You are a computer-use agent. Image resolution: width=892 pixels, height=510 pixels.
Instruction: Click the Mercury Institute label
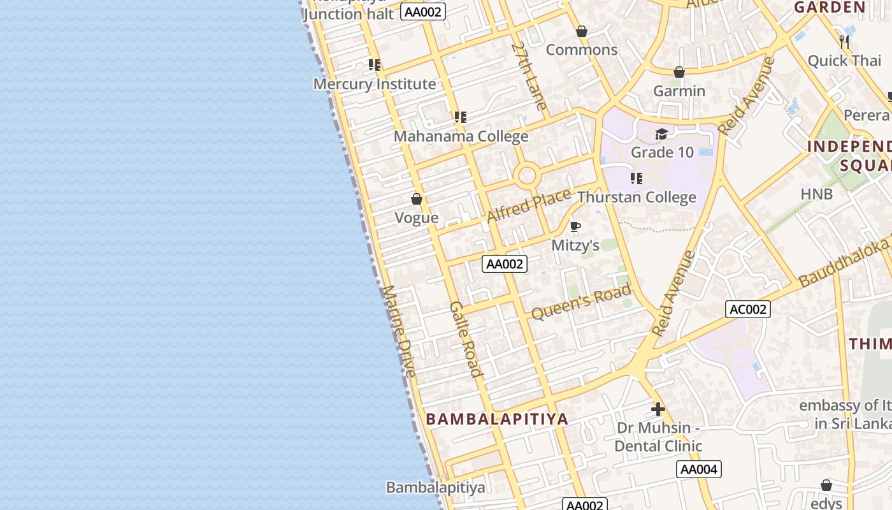[x=375, y=84]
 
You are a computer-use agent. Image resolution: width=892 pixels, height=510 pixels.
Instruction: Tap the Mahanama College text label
[x=461, y=136]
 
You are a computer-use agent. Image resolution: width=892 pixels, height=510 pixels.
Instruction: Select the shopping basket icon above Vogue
[x=417, y=200]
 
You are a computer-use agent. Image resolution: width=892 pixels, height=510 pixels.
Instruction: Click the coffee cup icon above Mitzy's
[x=575, y=226]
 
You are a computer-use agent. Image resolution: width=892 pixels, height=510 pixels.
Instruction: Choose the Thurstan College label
[x=637, y=197]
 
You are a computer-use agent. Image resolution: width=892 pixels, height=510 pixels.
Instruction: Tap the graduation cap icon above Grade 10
[x=661, y=134]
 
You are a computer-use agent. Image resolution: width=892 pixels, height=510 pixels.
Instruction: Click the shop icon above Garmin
[x=679, y=73]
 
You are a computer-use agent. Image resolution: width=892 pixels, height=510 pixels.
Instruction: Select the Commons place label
[x=582, y=50]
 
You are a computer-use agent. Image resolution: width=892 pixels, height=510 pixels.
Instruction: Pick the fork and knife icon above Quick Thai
[x=844, y=42]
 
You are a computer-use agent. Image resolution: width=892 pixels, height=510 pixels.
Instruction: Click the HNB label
[x=817, y=194]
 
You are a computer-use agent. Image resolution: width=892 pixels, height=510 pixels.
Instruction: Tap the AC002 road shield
[x=748, y=309]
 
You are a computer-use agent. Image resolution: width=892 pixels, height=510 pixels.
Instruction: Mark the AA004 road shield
[x=699, y=470]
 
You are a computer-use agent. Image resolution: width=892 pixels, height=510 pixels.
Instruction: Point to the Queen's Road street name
[x=581, y=302]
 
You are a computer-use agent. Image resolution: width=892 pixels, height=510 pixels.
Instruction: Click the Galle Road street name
[x=465, y=339]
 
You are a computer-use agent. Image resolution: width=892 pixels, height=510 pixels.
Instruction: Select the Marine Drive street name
[x=399, y=331]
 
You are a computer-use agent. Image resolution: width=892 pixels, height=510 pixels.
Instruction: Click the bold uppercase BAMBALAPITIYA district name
[x=497, y=419]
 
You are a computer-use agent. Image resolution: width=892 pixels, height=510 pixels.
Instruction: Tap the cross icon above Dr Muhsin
[x=658, y=409]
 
